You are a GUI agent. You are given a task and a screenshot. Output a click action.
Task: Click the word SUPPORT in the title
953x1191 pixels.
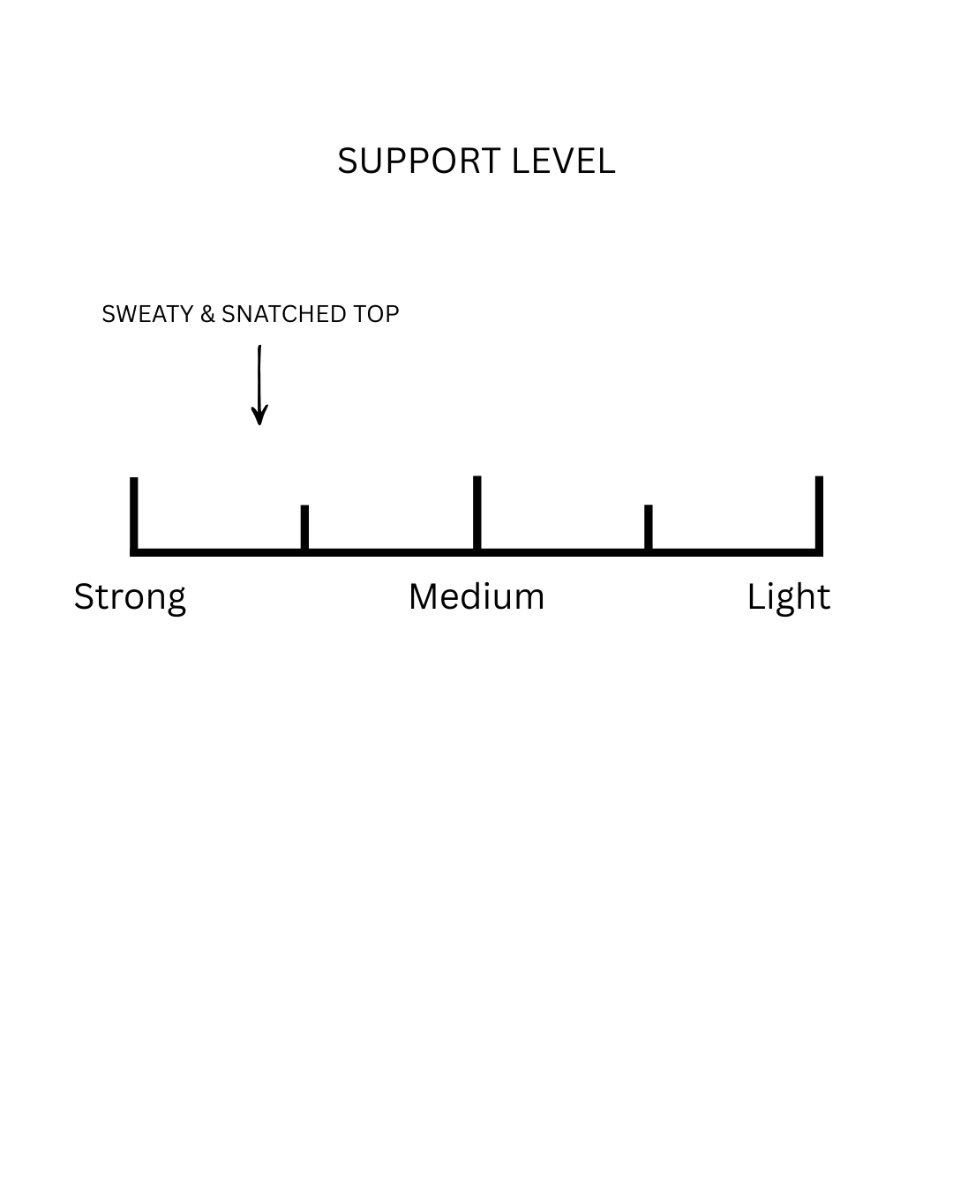pos(419,161)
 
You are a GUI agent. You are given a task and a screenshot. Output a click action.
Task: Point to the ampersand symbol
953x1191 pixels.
pos(207,314)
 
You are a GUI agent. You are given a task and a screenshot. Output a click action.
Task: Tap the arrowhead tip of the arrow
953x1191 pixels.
pos(259,423)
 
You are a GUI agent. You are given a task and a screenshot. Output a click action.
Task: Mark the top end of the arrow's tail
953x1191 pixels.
pos(259,348)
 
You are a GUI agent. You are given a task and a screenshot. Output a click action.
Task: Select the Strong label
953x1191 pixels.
pos(130,597)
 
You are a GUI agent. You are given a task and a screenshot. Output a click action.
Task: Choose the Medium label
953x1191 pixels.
pos(476,596)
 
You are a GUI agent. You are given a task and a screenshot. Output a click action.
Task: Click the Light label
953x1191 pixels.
pos(788,597)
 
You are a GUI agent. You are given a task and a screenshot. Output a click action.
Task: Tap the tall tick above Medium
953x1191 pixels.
pos(476,513)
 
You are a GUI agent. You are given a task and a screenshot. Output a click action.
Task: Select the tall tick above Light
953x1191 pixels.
pos(819,513)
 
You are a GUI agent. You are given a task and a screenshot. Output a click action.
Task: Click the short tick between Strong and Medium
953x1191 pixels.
pos(304,527)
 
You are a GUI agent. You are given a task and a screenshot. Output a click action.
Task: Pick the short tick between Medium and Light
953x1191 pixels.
pos(649,527)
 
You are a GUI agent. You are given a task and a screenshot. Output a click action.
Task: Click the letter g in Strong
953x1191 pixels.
pos(175,601)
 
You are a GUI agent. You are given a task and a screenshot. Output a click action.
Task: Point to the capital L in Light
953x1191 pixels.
pos(754,596)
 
